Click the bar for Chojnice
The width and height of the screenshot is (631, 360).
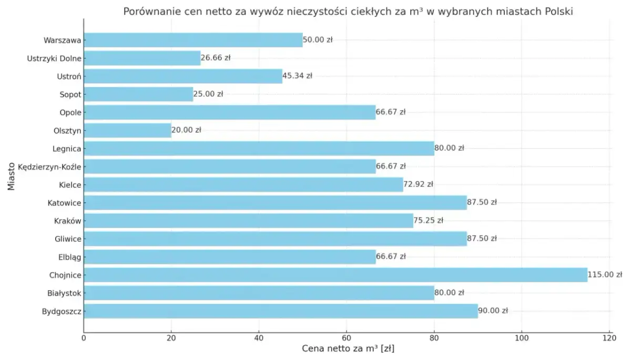pyautogui.click(x=335, y=274)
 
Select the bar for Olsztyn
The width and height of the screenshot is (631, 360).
pyautogui.click(x=128, y=130)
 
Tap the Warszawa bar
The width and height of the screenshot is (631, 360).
pyautogui.click(x=193, y=40)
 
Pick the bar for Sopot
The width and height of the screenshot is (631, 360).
pyautogui.click(x=138, y=94)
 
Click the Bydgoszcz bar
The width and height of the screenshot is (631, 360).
pyautogui.click(x=281, y=311)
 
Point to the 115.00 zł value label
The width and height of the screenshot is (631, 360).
pyautogui.click(x=605, y=274)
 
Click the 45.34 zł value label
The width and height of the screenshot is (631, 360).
pyautogui.click(x=297, y=76)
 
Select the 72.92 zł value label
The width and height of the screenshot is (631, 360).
pyautogui.click(x=418, y=184)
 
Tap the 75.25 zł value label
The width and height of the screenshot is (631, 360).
pyautogui.click(x=429, y=220)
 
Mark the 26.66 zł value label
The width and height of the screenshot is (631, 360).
pyautogui.click(x=216, y=58)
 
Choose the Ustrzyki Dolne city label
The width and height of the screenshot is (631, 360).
pyautogui.click(x=54, y=58)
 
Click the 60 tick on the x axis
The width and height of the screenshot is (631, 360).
pyautogui.click(x=346, y=338)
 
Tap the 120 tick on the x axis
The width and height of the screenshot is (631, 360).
pyautogui.click(x=608, y=338)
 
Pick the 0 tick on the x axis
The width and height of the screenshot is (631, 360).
pyautogui.click(x=84, y=338)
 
